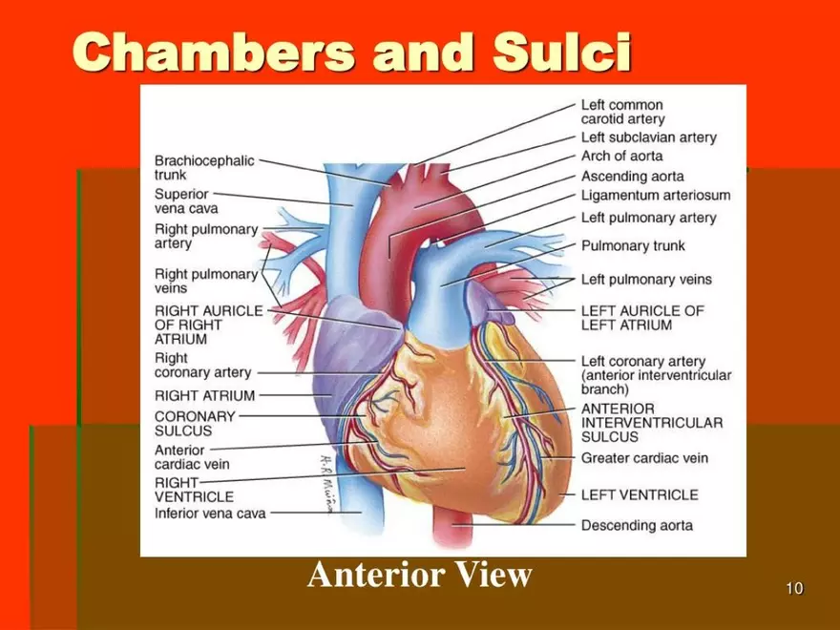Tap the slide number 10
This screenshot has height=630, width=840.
point(794,588)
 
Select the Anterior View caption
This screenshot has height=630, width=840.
point(419,575)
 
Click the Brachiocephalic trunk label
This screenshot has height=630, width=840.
point(204,168)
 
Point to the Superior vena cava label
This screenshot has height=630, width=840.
point(186,200)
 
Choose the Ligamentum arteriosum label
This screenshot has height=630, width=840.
point(656,195)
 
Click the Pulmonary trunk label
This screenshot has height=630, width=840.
point(633,245)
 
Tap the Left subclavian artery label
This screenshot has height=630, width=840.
point(649,137)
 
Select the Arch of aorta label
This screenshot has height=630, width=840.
point(621,156)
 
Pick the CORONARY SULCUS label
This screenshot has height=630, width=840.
point(195,423)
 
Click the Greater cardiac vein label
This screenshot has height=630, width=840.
point(644,458)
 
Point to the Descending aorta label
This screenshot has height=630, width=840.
point(637,525)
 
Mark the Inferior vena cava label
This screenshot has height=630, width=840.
point(210,514)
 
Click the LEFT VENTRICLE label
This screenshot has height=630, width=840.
point(640,494)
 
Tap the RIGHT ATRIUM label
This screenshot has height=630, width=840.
point(204,395)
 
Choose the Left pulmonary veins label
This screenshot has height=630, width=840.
point(646,279)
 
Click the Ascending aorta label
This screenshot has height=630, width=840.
point(632,177)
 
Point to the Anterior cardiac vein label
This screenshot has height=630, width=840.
point(192,457)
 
